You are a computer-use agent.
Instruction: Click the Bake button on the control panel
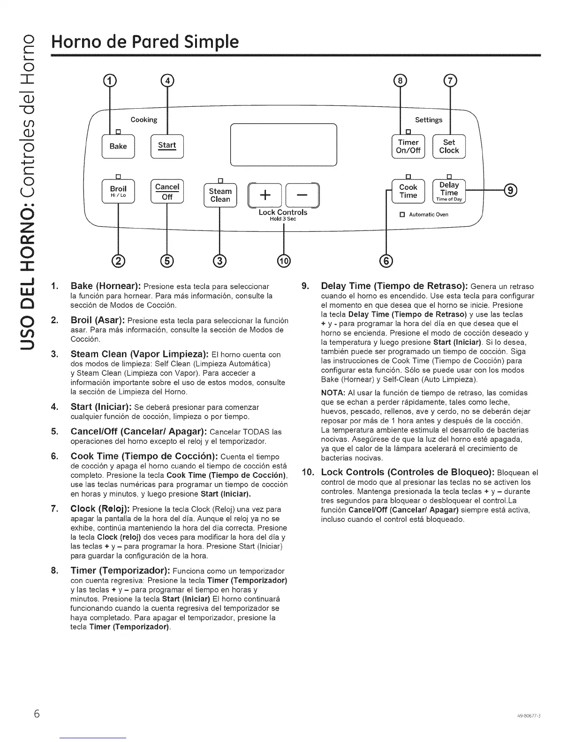[118, 146]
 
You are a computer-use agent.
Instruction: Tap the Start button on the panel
[167, 146]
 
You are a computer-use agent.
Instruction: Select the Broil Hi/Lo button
[118, 192]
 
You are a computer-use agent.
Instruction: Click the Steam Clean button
[220, 195]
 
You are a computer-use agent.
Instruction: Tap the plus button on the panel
[265, 195]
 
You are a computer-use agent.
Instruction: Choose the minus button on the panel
[302, 195]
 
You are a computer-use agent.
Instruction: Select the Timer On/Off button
[408, 146]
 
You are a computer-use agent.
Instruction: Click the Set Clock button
[449, 146]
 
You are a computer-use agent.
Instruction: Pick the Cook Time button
[408, 191]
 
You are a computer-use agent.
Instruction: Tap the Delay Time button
[449, 191]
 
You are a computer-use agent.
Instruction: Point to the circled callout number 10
[284, 261]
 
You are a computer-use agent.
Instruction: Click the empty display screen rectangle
[284, 144]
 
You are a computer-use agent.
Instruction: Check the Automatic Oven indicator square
[402, 215]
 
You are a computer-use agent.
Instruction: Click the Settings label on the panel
[429, 120]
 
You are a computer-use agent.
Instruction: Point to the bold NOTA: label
[333, 393]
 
